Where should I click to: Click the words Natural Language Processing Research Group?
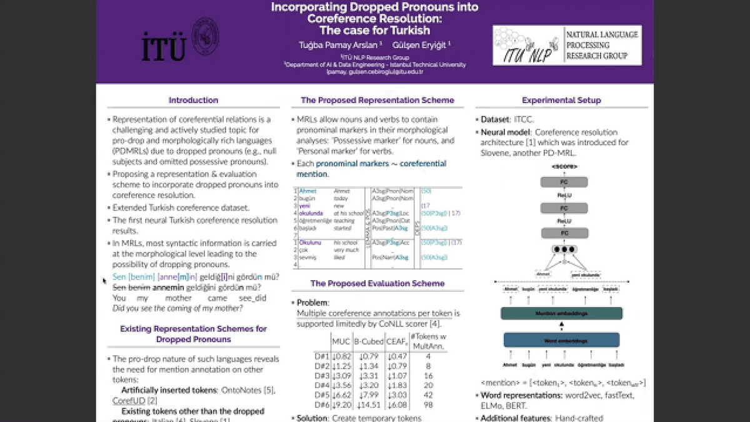(x=601, y=45)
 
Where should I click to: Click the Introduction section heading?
(x=193, y=100)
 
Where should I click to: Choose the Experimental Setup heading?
(x=561, y=100)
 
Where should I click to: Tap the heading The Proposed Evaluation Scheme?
(x=377, y=283)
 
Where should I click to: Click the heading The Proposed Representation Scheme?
(x=377, y=100)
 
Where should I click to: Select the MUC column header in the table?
(x=341, y=341)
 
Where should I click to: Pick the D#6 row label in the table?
(x=321, y=405)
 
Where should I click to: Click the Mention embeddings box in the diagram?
(x=561, y=313)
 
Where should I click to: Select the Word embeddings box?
(x=561, y=341)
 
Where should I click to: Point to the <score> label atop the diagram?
(x=564, y=166)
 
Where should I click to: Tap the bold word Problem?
(x=312, y=303)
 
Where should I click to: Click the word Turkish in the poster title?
(x=406, y=30)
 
